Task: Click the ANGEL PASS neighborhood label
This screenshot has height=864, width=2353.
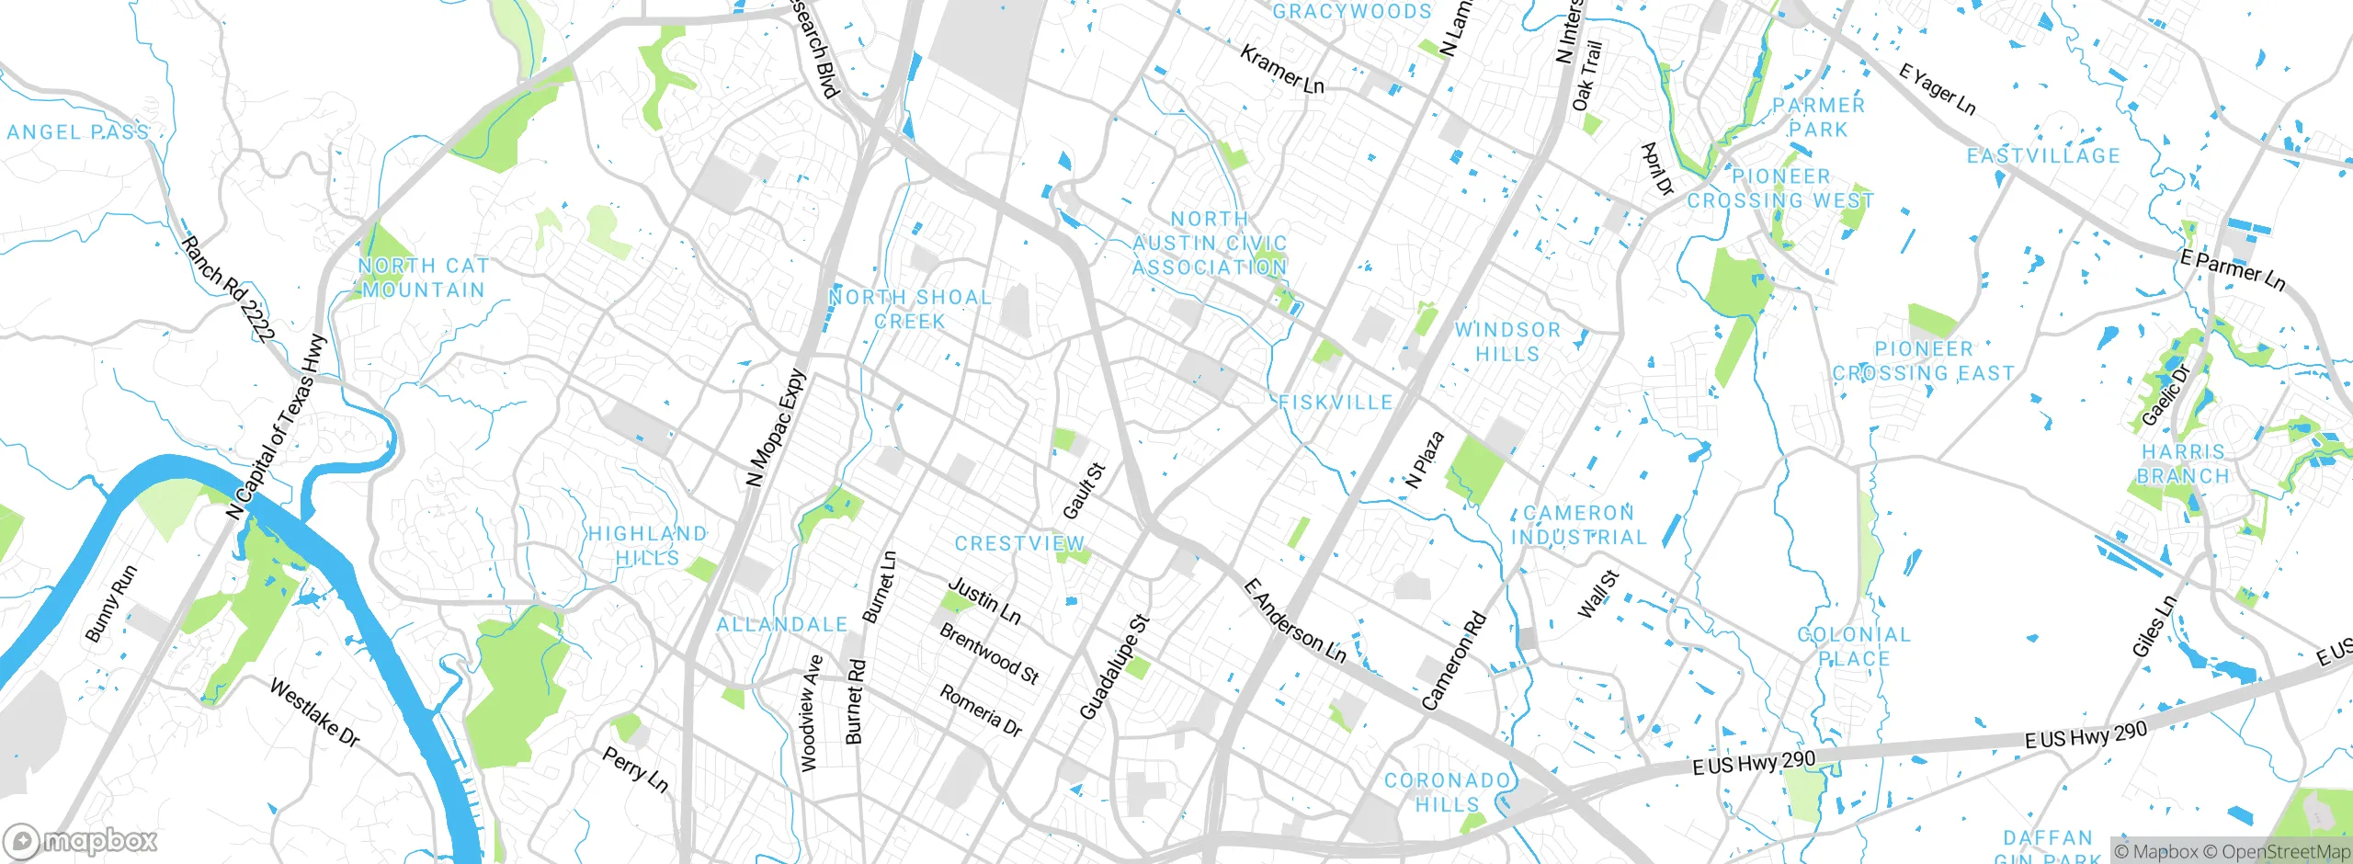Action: click(78, 132)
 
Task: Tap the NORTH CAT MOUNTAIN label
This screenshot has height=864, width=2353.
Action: click(423, 278)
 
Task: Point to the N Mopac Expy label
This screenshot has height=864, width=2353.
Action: click(774, 427)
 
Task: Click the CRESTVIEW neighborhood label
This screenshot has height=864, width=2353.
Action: click(1019, 544)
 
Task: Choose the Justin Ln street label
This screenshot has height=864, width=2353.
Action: click(984, 601)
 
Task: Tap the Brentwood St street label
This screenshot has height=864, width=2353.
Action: click(989, 654)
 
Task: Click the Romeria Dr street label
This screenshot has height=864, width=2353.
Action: click(981, 710)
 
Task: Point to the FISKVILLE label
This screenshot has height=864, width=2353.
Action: click(1336, 403)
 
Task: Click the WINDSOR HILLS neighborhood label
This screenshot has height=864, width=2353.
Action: click(1507, 342)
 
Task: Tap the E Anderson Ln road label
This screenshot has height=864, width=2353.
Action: click(1294, 621)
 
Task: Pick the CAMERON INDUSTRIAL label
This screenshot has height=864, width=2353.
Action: click(1578, 525)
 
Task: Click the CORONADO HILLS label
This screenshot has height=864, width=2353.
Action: click(1448, 792)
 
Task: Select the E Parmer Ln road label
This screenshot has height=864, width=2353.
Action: click(2232, 270)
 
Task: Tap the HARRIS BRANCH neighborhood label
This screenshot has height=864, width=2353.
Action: click(2183, 464)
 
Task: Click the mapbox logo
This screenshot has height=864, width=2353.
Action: click(81, 841)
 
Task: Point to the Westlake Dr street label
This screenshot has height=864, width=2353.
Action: click(314, 712)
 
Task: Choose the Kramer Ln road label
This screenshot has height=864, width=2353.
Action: click(1282, 70)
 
